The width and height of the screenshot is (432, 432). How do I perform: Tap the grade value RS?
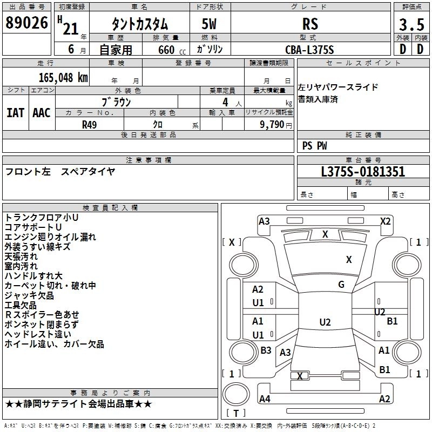tap(310, 24)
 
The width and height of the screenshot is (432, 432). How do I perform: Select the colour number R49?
tap(90, 124)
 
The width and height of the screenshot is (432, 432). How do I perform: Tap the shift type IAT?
tap(16, 112)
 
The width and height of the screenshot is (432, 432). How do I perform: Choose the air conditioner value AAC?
tap(42, 112)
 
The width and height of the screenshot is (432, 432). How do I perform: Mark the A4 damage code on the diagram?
tap(265, 399)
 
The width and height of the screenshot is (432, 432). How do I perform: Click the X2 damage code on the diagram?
tap(385, 221)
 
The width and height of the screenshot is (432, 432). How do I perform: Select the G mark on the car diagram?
tap(341, 285)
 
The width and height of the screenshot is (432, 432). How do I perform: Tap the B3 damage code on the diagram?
tap(266, 350)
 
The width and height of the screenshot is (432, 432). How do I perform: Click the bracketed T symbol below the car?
tap(236, 414)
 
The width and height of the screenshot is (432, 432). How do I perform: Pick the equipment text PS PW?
tap(314, 146)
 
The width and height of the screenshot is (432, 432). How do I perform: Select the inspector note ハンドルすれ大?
tap(33, 276)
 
